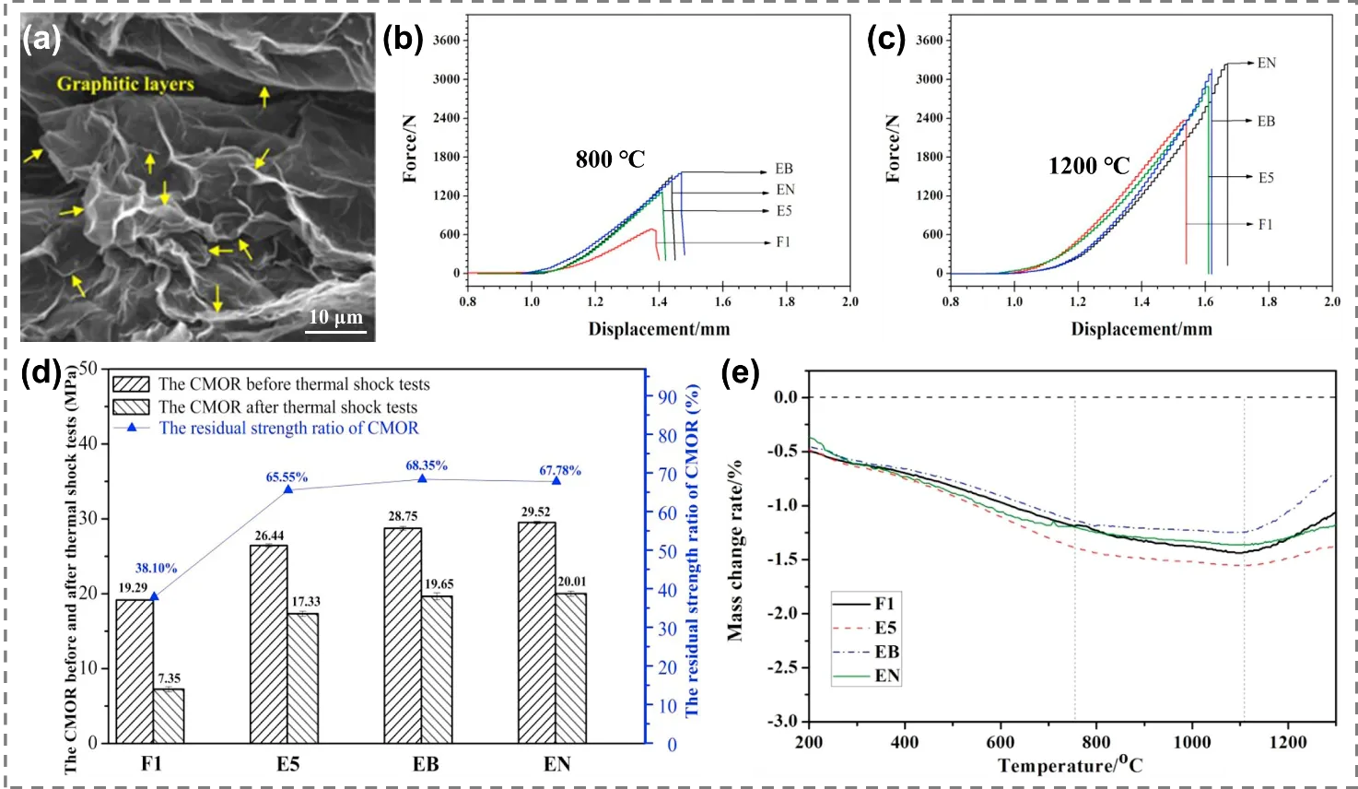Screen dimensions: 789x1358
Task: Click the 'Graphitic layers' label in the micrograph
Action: (x=125, y=85)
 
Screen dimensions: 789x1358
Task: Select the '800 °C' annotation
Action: (x=610, y=159)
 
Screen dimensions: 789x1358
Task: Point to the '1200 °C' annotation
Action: (x=1088, y=166)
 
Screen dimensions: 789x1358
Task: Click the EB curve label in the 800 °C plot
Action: (x=783, y=170)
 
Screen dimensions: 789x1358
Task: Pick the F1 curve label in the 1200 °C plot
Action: (x=1266, y=224)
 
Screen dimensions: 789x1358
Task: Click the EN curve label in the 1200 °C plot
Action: (x=1267, y=64)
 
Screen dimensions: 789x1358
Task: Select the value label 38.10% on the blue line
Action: (x=156, y=569)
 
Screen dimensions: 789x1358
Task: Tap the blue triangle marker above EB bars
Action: (x=423, y=478)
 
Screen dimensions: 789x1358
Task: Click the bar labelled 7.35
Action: (x=169, y=715)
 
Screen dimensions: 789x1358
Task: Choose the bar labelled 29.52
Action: (x=536, y=632)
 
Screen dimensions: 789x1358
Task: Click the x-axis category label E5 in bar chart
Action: (x=287, y=764)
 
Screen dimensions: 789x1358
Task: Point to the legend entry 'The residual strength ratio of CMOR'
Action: (x=288, y=429)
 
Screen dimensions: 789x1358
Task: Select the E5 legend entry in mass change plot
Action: (x=885, y=628)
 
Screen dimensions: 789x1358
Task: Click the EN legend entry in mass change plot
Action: (x=887, y=676)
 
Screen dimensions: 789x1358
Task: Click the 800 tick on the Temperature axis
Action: (x=1096, y=742)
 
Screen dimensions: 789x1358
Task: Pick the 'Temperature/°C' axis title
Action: (x=1071, y=766)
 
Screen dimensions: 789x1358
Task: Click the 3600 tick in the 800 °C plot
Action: (x=446, y=41)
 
